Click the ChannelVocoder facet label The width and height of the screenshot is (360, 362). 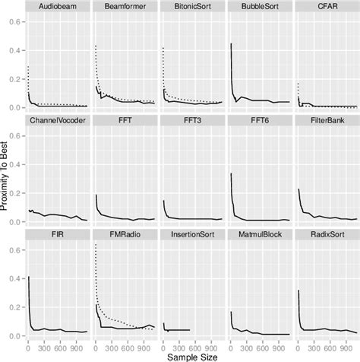pyautogui.click(x=58, y=120)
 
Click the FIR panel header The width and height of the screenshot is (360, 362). pyautogui.click(x=58, y=234)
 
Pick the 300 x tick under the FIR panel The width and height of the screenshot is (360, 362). pyautogui.click(x=47, y=345)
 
